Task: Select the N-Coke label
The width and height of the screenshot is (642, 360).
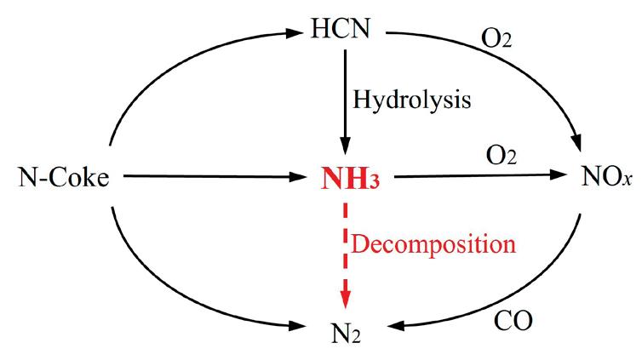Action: point(65,180)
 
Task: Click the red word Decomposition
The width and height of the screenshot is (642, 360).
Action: point(433,245)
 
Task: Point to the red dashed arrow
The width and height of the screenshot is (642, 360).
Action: point(345,247)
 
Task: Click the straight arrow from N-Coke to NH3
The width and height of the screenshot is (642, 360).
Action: point(213,177)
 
